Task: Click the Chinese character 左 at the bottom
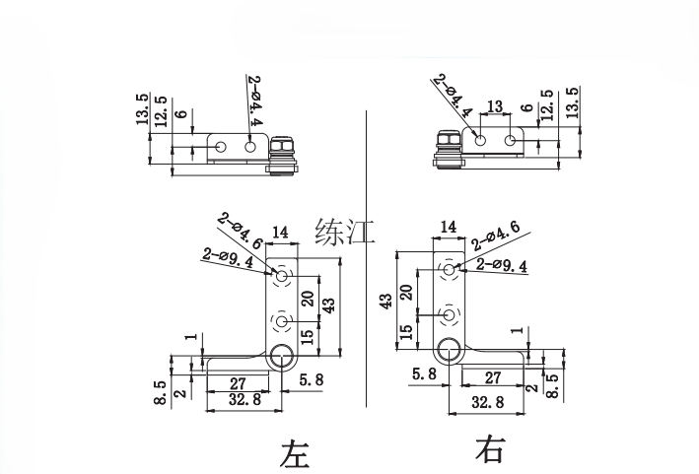coord(295,454)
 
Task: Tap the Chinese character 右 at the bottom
coord(490,450)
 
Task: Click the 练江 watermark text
coord(345,233)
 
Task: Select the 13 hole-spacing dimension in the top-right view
coord(495,106)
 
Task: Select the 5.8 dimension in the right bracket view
coord(425,373)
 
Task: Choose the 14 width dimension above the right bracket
coord(449,227)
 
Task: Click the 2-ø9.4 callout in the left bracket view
coord(227,258)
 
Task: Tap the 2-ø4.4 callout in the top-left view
coord(254,102)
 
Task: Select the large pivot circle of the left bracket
coord(282,356)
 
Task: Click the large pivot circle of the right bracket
coord(450,349)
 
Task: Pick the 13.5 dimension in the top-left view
coord(143,110)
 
